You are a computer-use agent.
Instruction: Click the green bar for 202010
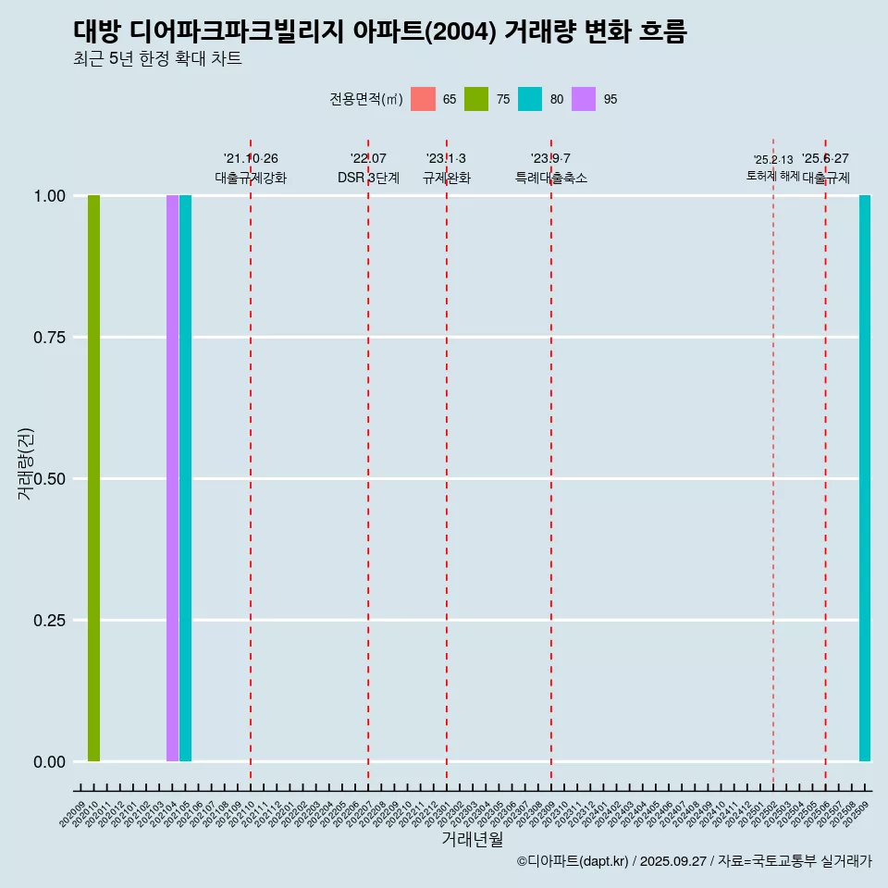(x=93, y=478)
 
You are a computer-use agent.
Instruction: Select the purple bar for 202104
(x=172, y=478)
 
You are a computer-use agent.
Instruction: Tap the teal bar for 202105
(x=185, y=478)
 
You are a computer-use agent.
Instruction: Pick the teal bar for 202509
(x=865, y=478)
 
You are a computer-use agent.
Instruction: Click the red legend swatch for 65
(x=423, y=99)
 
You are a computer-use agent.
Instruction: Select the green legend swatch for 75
(x=476, y=99)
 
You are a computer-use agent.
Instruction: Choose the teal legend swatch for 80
(x=530, y=99)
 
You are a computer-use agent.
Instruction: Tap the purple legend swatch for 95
(x=584, y=99)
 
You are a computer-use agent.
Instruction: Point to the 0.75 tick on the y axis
(x=49, y=338)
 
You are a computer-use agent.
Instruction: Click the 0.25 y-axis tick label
(x=49, y=621)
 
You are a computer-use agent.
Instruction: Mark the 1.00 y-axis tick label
(x=49, y=196)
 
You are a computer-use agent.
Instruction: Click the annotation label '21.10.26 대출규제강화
(x=251, y=168)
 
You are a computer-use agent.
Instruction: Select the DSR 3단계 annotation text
(x=368, y=178)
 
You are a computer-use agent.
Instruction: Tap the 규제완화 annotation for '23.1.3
(x=447, y=178)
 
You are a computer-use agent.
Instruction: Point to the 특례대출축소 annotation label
(x=551, y=178)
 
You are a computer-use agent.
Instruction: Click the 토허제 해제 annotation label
(x=772, y=176)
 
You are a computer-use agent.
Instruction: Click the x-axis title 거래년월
(x=472, y=839)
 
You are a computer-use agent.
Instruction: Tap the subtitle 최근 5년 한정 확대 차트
(x=157, y=59)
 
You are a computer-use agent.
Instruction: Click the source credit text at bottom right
(x=694, y=861)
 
